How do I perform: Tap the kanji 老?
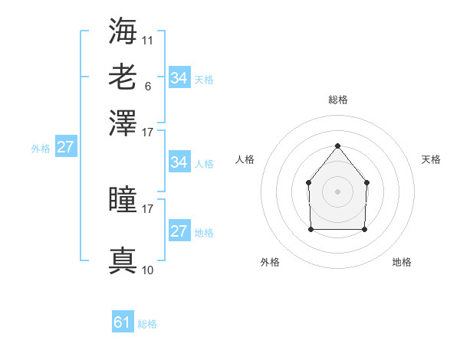click(x=123, y=77)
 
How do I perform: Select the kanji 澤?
click(x=123, y=123)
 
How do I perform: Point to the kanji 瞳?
click(x=123, y=201)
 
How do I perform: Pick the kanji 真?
click(x=123, y=260)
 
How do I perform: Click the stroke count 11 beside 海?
click(x=148, y=39)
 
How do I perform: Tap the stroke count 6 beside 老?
click(x=147, y=86)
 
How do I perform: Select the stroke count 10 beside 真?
click(x=148, y=270)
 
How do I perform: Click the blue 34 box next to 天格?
click(x=179, y=77)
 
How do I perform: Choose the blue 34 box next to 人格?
click(x=179, y=162)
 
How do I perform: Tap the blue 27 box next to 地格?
click(x=179, y=231)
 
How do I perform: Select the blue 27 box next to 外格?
click(x=65, y=147)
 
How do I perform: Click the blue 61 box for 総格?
click(x=123, y=322)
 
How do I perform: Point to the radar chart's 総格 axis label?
click(x=337, y=100)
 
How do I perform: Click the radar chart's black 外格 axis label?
click(x=271, y=263)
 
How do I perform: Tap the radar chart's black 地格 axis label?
click(x=402, y=263)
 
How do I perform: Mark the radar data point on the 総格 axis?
click(x=337, y=146)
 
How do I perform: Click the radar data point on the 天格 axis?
click(x=367, y=182)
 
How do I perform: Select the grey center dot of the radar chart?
click(x=337, y=191)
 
